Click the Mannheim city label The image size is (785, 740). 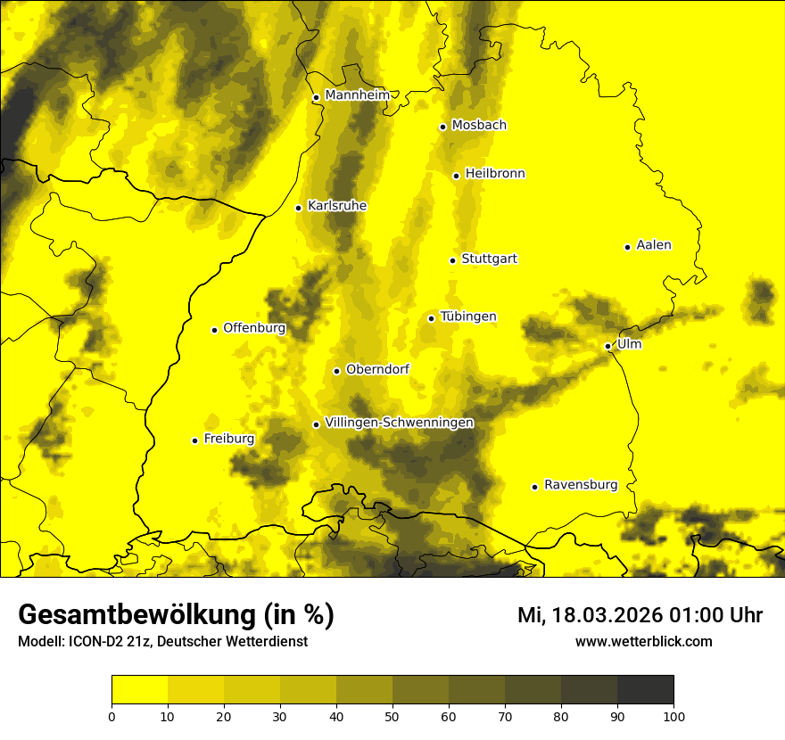(358, 95)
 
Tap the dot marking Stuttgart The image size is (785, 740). (453, 260)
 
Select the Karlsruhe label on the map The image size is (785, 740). (336, 206)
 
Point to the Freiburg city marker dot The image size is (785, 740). (194, 440)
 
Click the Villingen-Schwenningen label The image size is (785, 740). (399, 423)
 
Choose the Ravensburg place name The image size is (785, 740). (580, 485)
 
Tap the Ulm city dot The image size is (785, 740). (608, 346)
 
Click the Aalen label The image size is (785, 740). (653, 245)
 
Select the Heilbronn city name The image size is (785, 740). (495, 174)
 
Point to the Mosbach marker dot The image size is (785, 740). (442, 127)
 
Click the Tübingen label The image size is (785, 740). (468, 317)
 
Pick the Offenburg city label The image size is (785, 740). (254, 328)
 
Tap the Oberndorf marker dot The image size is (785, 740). (336, 371)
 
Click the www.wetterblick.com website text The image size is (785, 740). (643, 642)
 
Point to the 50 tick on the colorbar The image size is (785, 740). (392, 716)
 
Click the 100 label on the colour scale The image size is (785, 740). (673, 716)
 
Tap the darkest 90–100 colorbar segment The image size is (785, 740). (645, 690)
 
